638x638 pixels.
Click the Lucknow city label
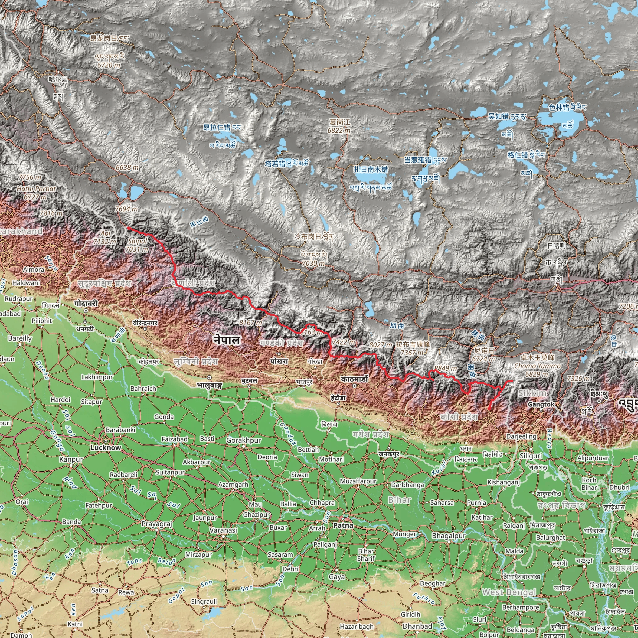tap(106, 448)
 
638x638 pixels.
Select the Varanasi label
tap(223, 530)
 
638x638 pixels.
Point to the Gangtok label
tap(541, 404)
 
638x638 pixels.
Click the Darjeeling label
tap(521, 436)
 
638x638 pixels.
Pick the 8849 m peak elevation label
tap(445, 368)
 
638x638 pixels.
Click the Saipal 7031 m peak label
tap(137, 245)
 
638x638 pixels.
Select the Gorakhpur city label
tap(244, 440)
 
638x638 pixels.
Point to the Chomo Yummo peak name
tap(537, 366)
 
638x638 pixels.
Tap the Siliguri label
tap(531, 456)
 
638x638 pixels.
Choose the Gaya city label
tap(337, 577)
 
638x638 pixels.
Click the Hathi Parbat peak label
tap(36, 189)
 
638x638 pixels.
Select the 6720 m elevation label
tap(109, 65)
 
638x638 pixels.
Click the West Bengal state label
tap(508, 592)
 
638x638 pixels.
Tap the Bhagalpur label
tap(449, 536)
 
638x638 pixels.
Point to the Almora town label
tap(34, 269)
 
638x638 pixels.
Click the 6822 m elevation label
tap(339, 131)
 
